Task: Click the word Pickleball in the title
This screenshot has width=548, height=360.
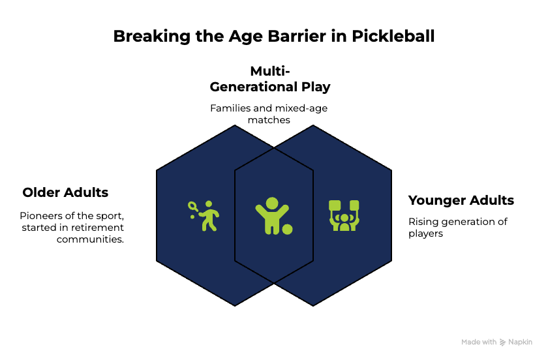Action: coord(393,37)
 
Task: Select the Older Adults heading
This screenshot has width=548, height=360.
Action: coord(65,192)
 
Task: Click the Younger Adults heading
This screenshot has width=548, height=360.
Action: coord(461,200)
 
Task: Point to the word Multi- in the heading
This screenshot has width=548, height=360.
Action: coord(270,71)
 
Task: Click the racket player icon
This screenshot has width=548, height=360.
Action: coord(204,216)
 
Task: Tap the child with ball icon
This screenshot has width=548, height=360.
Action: coord(273,216)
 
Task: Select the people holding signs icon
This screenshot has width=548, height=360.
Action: coord(344,215)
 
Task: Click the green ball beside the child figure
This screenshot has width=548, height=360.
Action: coord(287,230)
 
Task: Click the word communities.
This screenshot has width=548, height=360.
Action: coord(90,239)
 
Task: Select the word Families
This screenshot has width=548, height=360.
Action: coord(231,108)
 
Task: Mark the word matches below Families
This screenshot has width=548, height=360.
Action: coord(269,120)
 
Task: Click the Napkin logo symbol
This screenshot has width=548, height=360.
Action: coord(502,342)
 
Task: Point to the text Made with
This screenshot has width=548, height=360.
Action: coord(479,342)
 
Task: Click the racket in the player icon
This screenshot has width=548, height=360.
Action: coord(193,206)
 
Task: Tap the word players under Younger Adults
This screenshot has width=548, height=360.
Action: coord(425,234)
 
